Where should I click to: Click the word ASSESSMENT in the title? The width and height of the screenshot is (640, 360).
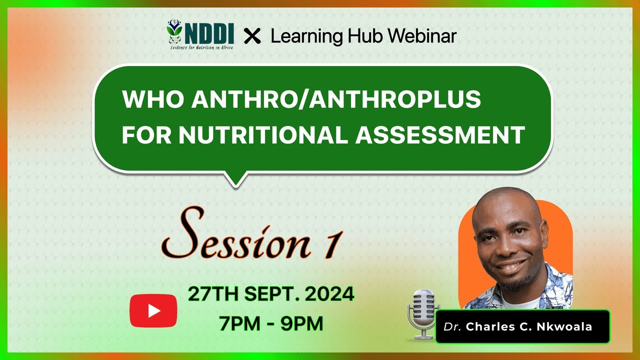(440, 135)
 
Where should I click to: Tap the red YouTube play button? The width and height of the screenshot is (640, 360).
(153, 310)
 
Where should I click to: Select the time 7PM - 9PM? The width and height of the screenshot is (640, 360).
(271, 324)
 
